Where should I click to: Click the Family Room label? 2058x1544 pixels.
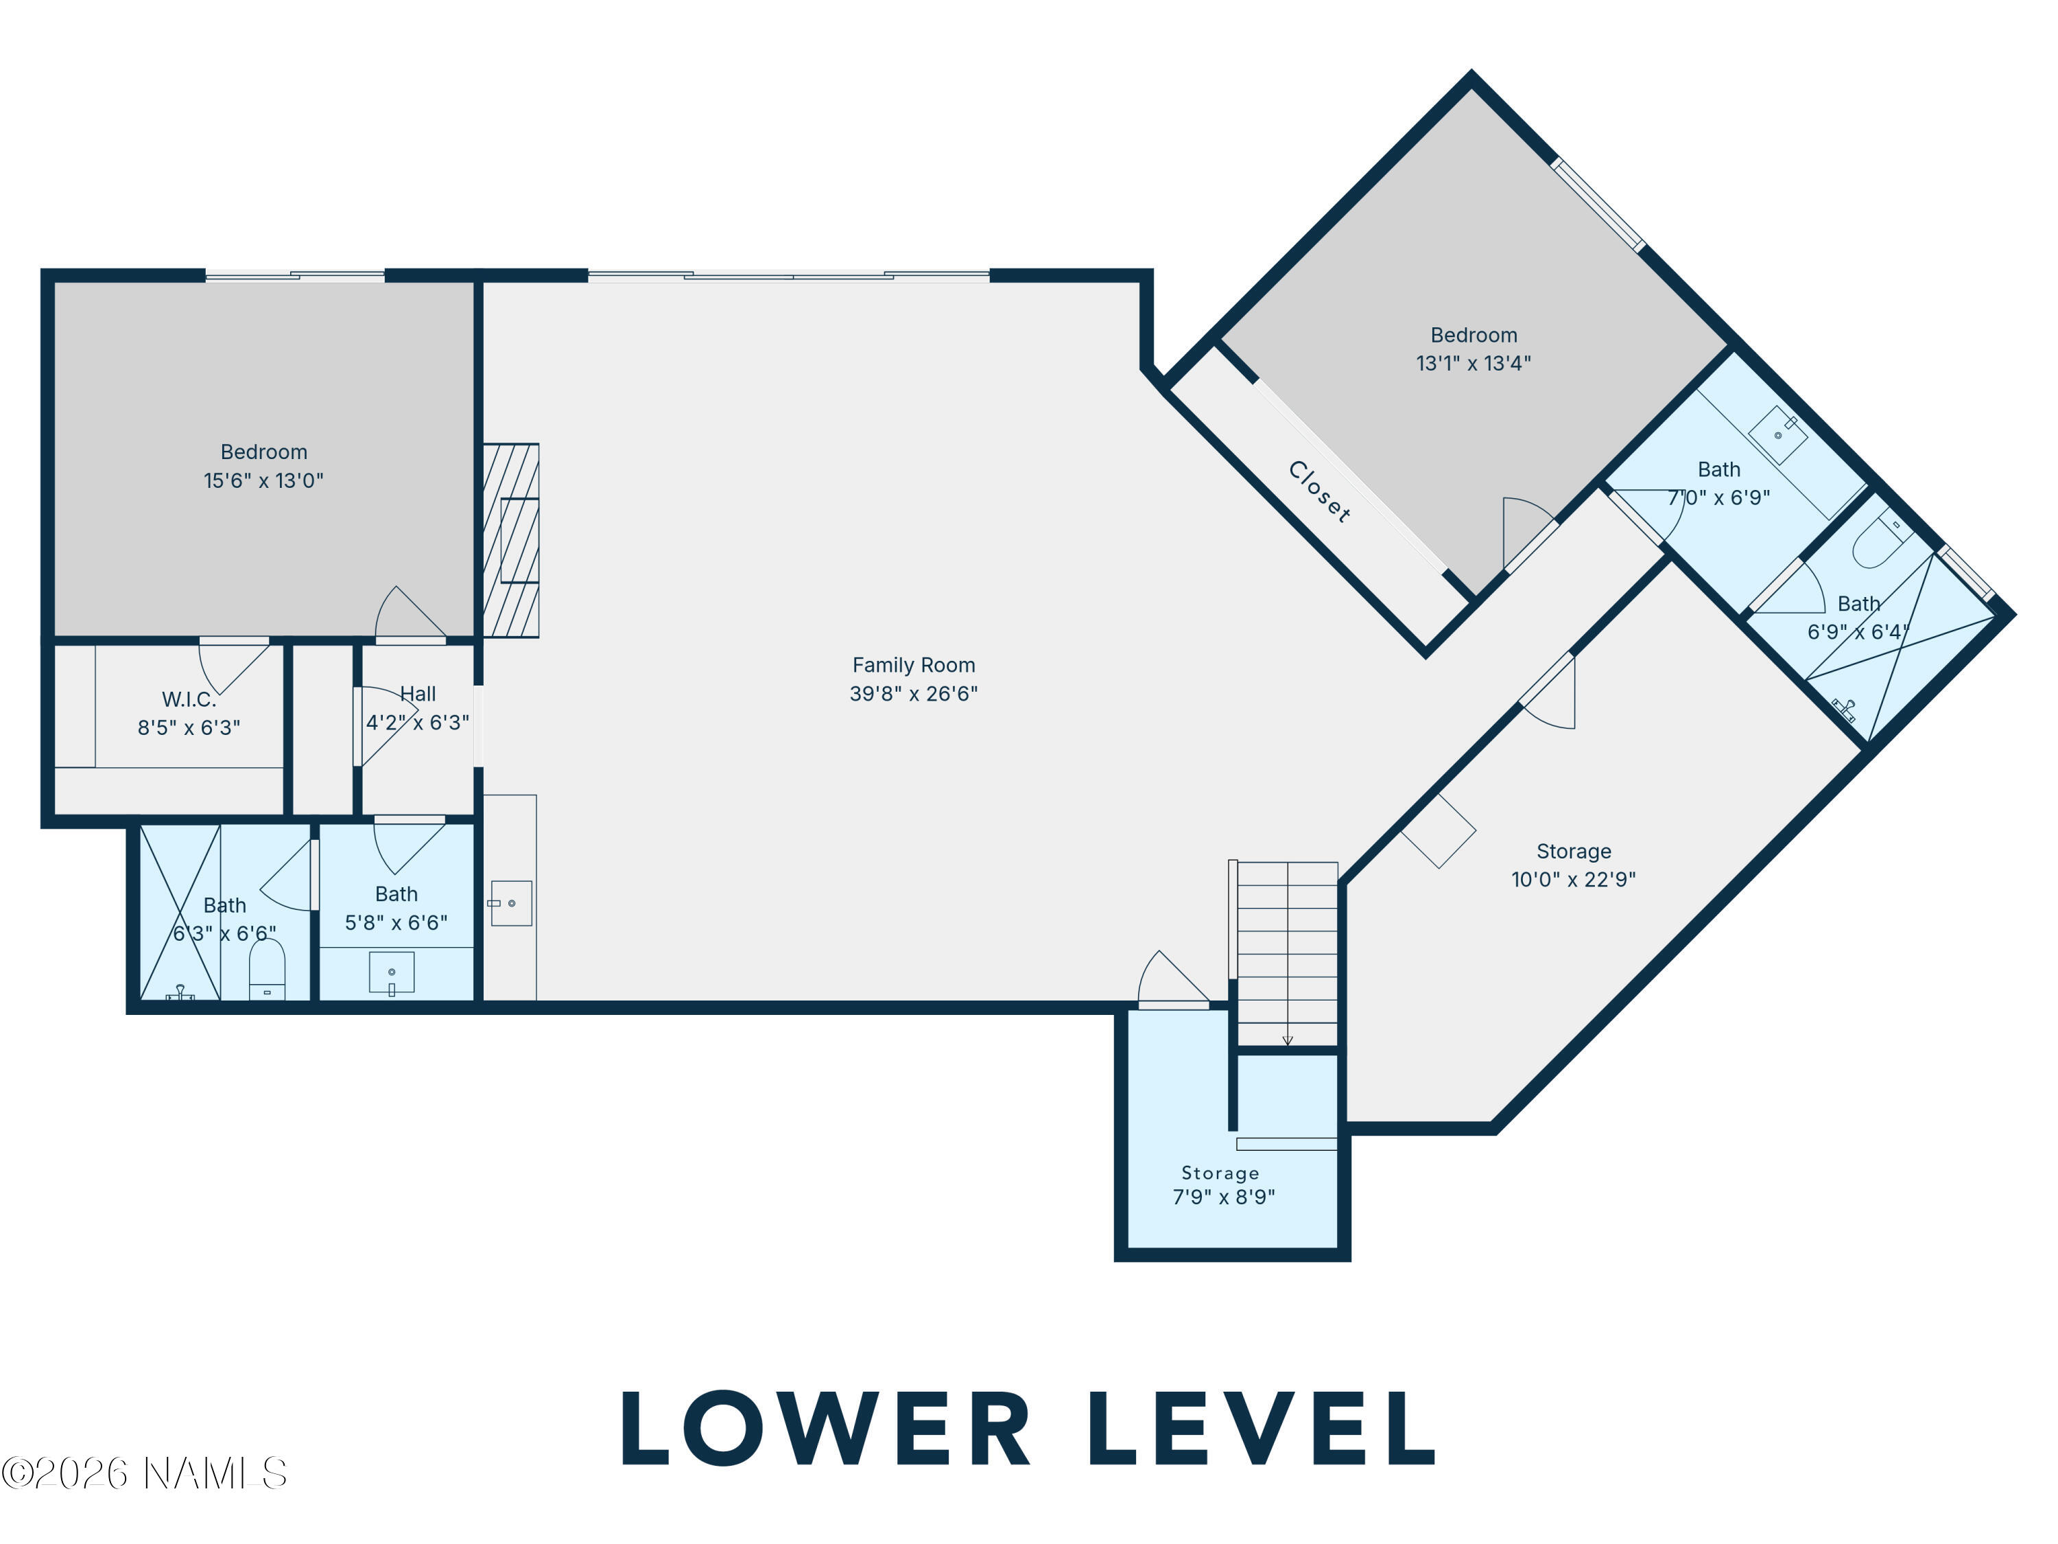coord(914,666)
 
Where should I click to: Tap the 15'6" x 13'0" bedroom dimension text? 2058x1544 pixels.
coord(263,481)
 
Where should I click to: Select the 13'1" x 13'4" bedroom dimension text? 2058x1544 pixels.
coord(1474,364)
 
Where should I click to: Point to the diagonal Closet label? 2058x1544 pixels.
coord(1319,491)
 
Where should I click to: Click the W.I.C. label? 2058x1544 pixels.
coord(189,700)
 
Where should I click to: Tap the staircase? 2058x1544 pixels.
coord(1286,953)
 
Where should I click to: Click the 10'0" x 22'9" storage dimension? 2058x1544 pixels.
coord(1573,880)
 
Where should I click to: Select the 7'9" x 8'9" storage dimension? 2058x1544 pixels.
coord(1223,1197)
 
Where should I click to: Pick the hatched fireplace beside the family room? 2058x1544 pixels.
coord(511,541)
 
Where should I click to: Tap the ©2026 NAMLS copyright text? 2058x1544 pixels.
coord(144,1473)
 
